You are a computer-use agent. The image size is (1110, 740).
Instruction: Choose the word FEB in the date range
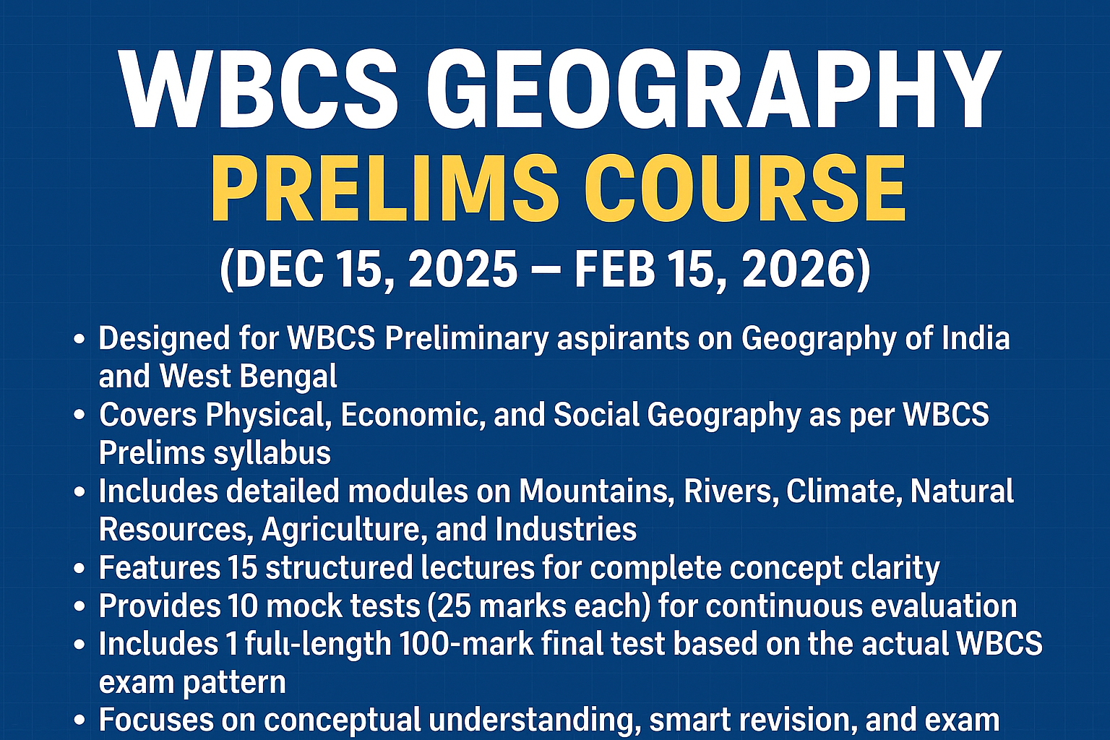615,270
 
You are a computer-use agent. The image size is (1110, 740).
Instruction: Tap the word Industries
566,530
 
